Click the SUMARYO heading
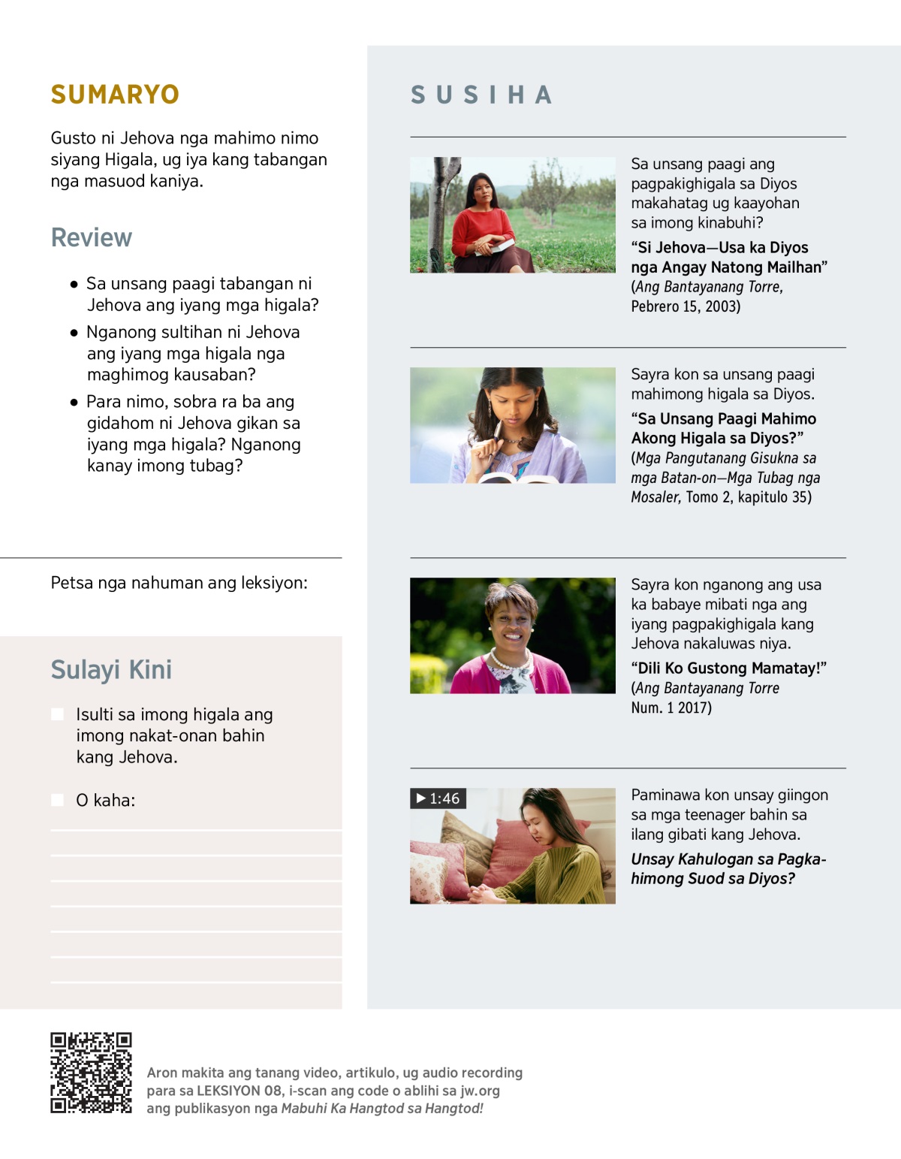pos(115,95)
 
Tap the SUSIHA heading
pos(481,95)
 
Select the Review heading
pos(91,237)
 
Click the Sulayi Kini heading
pos(111,669)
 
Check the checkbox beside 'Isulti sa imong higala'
pos(57,714)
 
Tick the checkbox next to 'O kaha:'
pos(57,800)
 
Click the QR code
pos(91,1072)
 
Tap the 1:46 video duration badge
pos(438,798)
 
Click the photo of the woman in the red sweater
pos(512,215)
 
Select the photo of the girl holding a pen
pos(512,425)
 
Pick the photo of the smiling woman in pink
pos(512,635)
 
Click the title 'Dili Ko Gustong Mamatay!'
pos(728,669)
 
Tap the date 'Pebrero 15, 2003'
pos(686,306)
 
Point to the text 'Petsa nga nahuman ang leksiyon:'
pos(179,583)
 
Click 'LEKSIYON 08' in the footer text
pos(240,1091)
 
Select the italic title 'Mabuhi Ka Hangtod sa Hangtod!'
pos(382,1109)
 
